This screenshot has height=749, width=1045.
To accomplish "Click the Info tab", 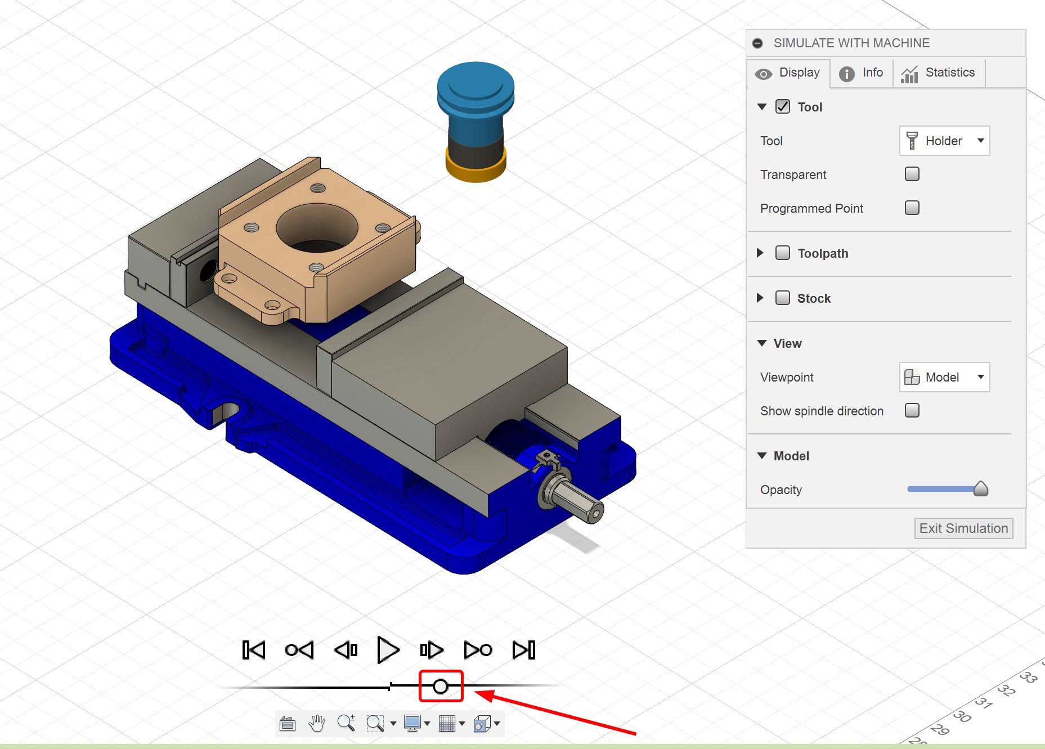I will point(861,73).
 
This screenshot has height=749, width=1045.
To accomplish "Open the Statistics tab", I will point(938,73).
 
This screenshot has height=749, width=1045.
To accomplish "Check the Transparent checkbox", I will point(912,174).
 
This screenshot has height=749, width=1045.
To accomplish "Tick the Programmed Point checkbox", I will point(912,208).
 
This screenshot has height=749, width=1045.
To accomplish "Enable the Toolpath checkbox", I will point(782,253).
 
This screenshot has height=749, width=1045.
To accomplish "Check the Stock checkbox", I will point(782,298).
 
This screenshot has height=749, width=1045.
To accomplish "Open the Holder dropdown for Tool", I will point(944,141).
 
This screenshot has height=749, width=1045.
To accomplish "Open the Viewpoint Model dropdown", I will point(944,377).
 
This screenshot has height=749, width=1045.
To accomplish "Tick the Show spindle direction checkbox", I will point(912,410).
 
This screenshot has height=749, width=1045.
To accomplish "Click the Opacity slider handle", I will point(980,488).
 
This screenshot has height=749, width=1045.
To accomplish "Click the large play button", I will point(388,650).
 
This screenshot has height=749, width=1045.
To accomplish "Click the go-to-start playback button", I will point(254,650).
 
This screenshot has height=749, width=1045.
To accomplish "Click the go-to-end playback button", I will point(524,650).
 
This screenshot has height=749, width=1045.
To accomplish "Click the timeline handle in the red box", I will point(441,687).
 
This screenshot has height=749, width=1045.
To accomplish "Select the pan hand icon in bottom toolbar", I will point(317,723).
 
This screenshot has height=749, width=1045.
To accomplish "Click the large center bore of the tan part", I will point(317,228).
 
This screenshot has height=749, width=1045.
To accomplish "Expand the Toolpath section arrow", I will point(760,253).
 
